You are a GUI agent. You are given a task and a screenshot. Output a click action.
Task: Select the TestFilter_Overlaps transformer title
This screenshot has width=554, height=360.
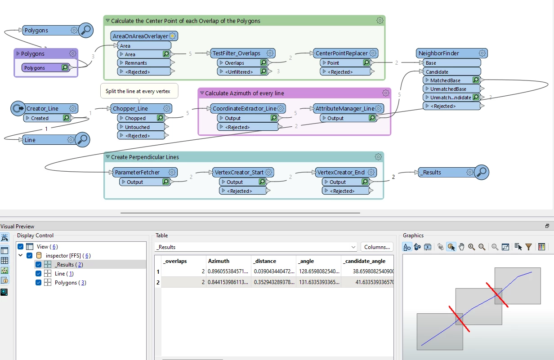tap(237, 53)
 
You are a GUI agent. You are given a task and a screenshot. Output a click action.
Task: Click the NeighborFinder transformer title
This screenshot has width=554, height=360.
tap(438, 53)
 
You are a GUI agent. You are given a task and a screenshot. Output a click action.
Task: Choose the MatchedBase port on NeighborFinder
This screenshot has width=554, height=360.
tap(445, 80)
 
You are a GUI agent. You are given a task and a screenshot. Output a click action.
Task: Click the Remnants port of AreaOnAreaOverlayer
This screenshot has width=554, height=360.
tap(136, 63)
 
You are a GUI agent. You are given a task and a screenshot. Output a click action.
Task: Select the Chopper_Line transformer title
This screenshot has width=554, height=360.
tap(130, 108)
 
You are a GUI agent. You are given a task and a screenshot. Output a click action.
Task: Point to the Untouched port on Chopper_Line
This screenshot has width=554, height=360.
tap(137, 127)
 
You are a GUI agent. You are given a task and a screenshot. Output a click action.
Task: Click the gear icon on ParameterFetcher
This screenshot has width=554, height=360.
tap(170, 172)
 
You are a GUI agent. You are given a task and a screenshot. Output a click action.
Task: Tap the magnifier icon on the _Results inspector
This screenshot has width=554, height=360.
tap(482, 172)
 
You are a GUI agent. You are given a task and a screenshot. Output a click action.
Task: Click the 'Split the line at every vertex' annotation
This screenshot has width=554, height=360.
tap(138, 91)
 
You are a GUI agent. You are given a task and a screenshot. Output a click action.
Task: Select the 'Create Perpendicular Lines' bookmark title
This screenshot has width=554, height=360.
tap(142, 157)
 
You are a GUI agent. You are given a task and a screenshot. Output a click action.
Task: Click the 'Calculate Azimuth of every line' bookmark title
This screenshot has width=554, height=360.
tap(244, 93)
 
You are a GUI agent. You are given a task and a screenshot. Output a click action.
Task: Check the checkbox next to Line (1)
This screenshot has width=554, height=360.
tap(39, 274)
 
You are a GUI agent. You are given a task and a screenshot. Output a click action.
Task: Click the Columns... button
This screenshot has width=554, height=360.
tap(377, 247)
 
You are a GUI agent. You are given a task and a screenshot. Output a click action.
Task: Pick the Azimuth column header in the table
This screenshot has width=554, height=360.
tap(219, 261)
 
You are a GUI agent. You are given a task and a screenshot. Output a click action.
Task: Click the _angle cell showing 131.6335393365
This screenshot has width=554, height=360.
tap(317, 282)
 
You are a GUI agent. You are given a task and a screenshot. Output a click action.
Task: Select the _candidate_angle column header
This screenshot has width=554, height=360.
tap(365, 261)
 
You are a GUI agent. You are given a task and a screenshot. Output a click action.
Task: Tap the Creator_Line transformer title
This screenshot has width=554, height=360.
tap(42, 108)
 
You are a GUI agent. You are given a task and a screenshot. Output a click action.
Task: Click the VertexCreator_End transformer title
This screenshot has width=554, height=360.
tap(340, 172)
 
